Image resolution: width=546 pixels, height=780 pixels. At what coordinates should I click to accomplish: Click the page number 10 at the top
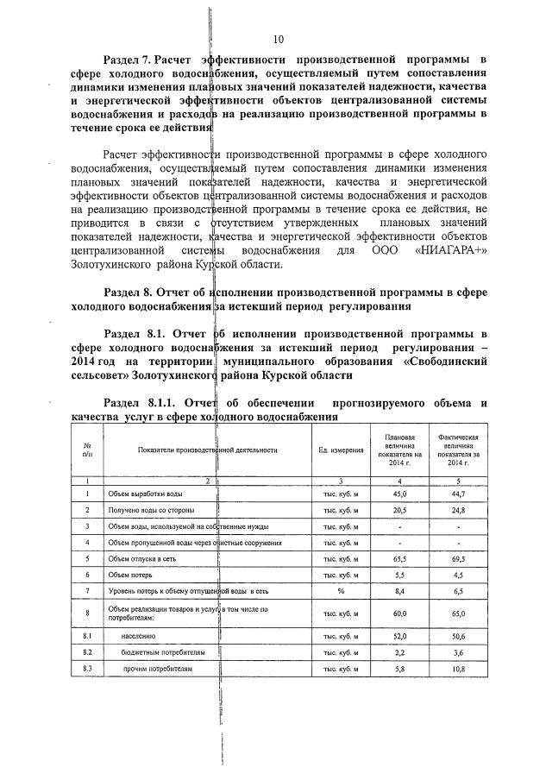tap(278, 39)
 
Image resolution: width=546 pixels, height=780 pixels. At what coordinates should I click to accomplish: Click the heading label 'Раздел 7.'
tap(127, 60)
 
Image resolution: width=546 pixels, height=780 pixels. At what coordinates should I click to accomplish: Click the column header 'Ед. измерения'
tap(339, 450)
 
